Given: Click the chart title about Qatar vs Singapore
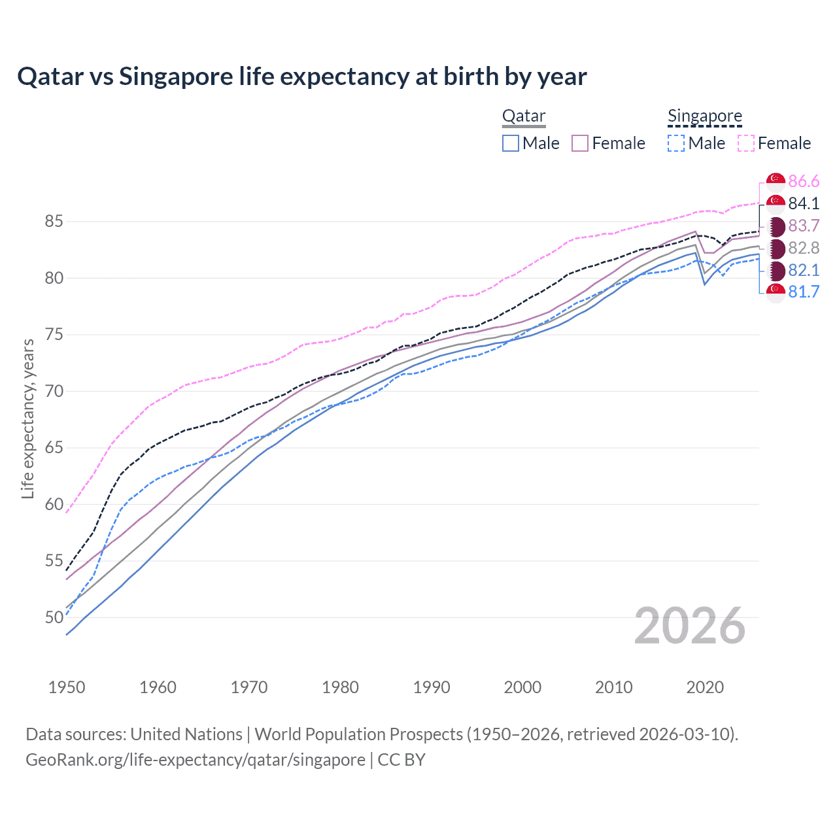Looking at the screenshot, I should click(302, 77).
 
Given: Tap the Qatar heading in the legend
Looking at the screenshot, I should click(523, 116).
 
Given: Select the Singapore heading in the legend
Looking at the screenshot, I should click(704, 116).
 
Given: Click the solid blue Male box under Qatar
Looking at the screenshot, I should click(511, 143).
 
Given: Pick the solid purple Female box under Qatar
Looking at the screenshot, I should click(581, 143).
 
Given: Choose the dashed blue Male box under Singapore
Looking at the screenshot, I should click(676, 143).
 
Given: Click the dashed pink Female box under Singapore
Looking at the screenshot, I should click(746, 143).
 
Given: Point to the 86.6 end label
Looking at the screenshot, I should click(804, 181).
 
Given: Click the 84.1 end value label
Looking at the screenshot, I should click(804, 203).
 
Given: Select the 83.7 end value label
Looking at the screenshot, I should click(804, 226).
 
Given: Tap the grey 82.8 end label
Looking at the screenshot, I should click(804, 248).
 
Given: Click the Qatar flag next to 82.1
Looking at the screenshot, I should click(776, 270).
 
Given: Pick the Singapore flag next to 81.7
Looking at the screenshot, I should click(776, 292).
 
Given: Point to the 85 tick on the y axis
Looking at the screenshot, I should click(54, 222).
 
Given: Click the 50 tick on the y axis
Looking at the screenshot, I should click(54, 617).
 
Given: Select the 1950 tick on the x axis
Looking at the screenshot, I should click(67, 687).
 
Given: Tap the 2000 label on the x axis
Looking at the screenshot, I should click(522, 687).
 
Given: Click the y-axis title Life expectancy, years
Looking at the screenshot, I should click(27, 418).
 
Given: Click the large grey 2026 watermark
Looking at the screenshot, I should click(690, 626).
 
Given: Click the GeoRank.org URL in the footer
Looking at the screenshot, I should click(196, 760).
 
